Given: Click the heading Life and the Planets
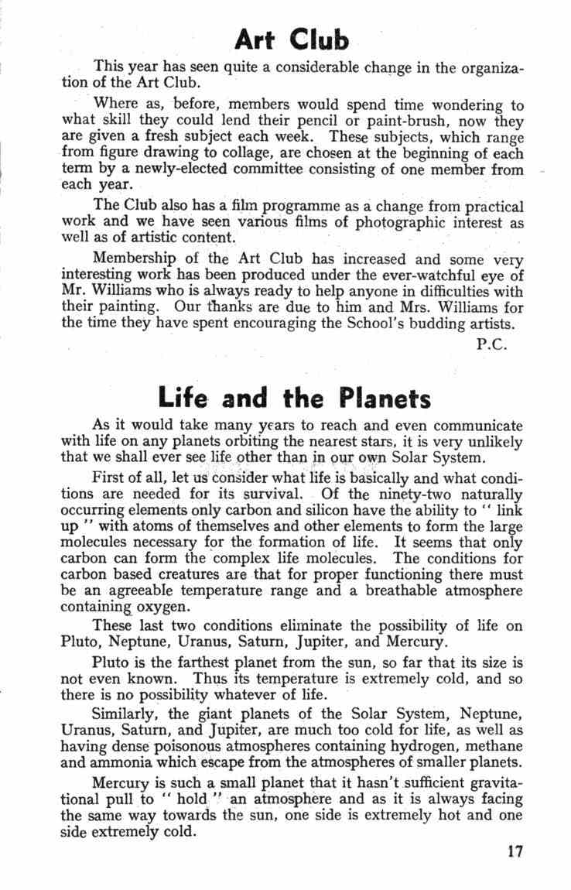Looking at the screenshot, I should tap(293, 398).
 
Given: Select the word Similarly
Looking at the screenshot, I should tap(121, 712).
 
